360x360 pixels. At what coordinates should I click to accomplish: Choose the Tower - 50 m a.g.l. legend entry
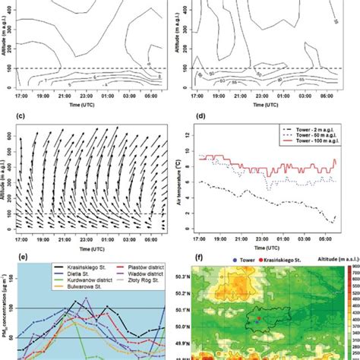tap(311, 147)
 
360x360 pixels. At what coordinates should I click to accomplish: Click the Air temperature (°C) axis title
tap(182, 181)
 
